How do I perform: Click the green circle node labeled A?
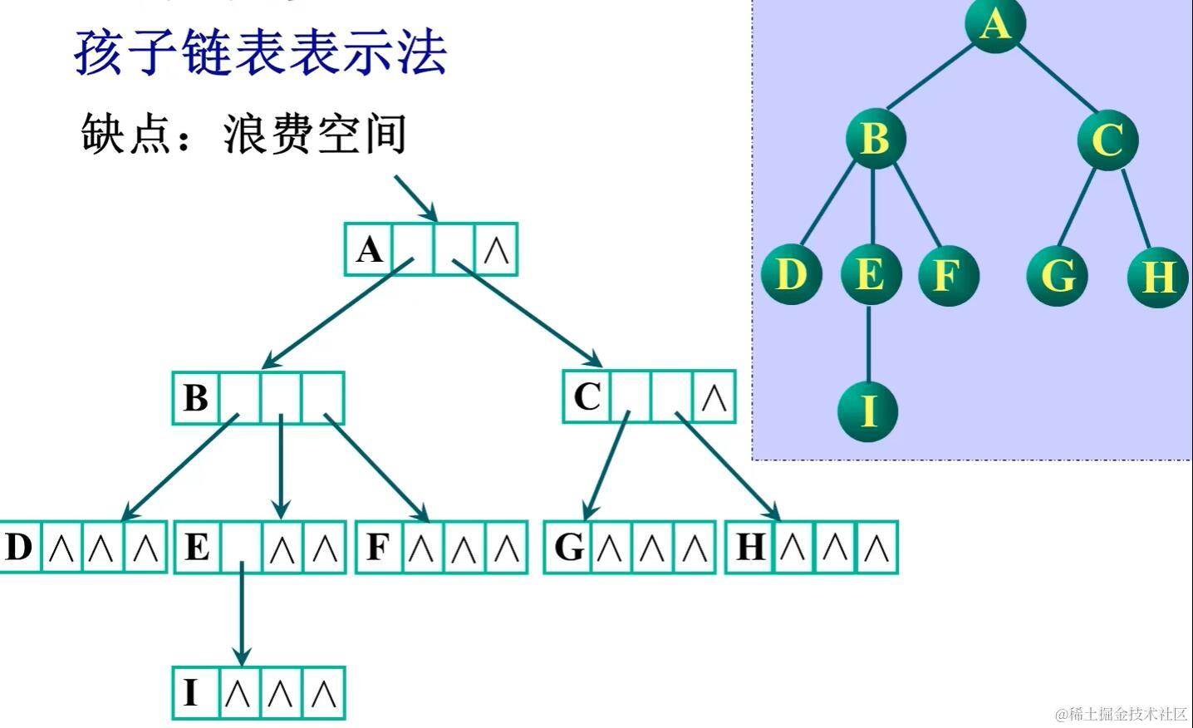coord(994,22)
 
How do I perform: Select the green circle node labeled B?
coord(875,138)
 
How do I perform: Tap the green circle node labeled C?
coord(1107,140)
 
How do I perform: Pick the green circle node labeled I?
coord(868,411)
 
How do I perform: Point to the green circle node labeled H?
coord(1158,277)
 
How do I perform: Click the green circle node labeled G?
coord(1058,275)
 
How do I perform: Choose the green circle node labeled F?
coord(948,275)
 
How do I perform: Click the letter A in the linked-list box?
coord(370,249)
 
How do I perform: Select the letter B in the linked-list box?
coord(196,398)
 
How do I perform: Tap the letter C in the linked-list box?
coord(587,396)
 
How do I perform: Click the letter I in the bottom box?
coord(191,693)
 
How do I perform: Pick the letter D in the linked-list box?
coord(18,547)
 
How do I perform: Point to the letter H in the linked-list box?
coord(750,547)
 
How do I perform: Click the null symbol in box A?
coord(496,249)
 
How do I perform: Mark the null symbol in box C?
coord(714,398)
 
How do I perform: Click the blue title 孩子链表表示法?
coord(261,53)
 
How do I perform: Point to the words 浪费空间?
coord(315,134)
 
